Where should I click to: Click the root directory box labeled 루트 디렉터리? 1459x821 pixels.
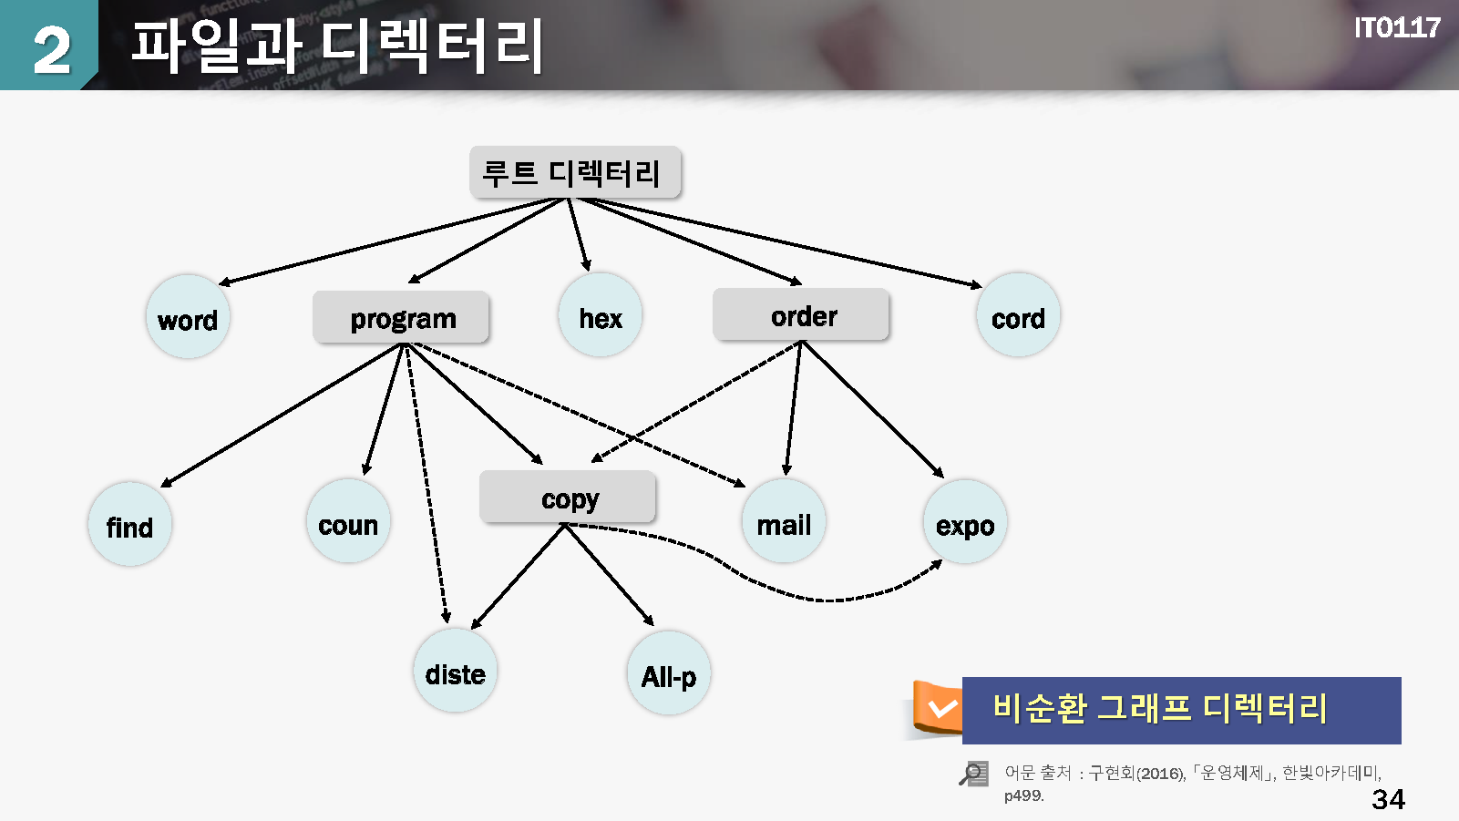point(574,172)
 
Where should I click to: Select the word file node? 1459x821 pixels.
point(188,317)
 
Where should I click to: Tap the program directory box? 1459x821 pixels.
point(401,318)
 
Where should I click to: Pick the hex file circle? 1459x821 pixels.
point(600,315)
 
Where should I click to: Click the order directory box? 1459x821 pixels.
point(801,315)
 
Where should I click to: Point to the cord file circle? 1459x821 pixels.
point(1018,315)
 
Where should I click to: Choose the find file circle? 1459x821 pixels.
point(129,525)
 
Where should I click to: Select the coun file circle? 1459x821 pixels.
point(348,522)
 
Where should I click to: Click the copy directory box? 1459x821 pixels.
point(568,498)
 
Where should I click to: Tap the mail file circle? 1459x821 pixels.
point(784,522)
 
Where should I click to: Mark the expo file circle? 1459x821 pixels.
point(964,523)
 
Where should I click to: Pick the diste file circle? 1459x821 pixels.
point(455,672)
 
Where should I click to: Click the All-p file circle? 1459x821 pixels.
point(668,673)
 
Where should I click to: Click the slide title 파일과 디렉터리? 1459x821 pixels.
point(336,46)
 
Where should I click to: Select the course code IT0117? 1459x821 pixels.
point(1396,28)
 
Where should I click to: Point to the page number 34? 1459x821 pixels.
point(1388,799)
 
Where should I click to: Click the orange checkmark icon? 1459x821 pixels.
point(940,708)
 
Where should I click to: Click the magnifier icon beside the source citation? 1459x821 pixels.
point(973,774)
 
